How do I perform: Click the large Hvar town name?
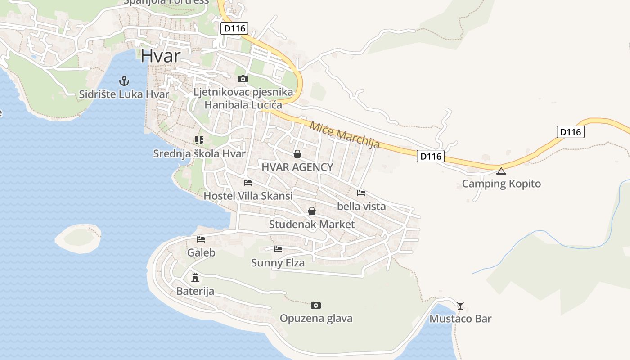click(x=160, y=56)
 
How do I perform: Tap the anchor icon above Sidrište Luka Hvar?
click(x=124, y=81)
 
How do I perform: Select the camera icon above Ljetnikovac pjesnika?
click(x=243, y=79)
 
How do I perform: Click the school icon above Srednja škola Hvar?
click(x=199, y=140)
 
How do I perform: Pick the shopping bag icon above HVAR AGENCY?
click(x=297, y=154)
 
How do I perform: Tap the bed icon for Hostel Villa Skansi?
click(x=248, y=183)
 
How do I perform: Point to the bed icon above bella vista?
click(x=361, y=193)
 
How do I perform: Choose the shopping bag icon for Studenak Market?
click(x=312, y=211)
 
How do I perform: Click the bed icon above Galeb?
click(x=201, y=239)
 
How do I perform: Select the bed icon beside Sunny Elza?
click(x=278, y=249)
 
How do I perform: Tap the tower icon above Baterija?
click(x=195, y=277)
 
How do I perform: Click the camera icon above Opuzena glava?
click(x=316, y=305)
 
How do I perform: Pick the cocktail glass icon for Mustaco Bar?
click(x=460, y=306)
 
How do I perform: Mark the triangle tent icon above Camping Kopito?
click(x=501, y=171)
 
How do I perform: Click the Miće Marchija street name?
click(x=345, y=135)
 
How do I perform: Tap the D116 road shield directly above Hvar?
click(x=235, y=28)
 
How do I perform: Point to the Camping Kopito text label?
click(x=501, y=184)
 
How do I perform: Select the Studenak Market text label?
click(x=312, y=224)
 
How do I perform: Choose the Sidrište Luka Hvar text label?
click(x=124, y=94)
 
